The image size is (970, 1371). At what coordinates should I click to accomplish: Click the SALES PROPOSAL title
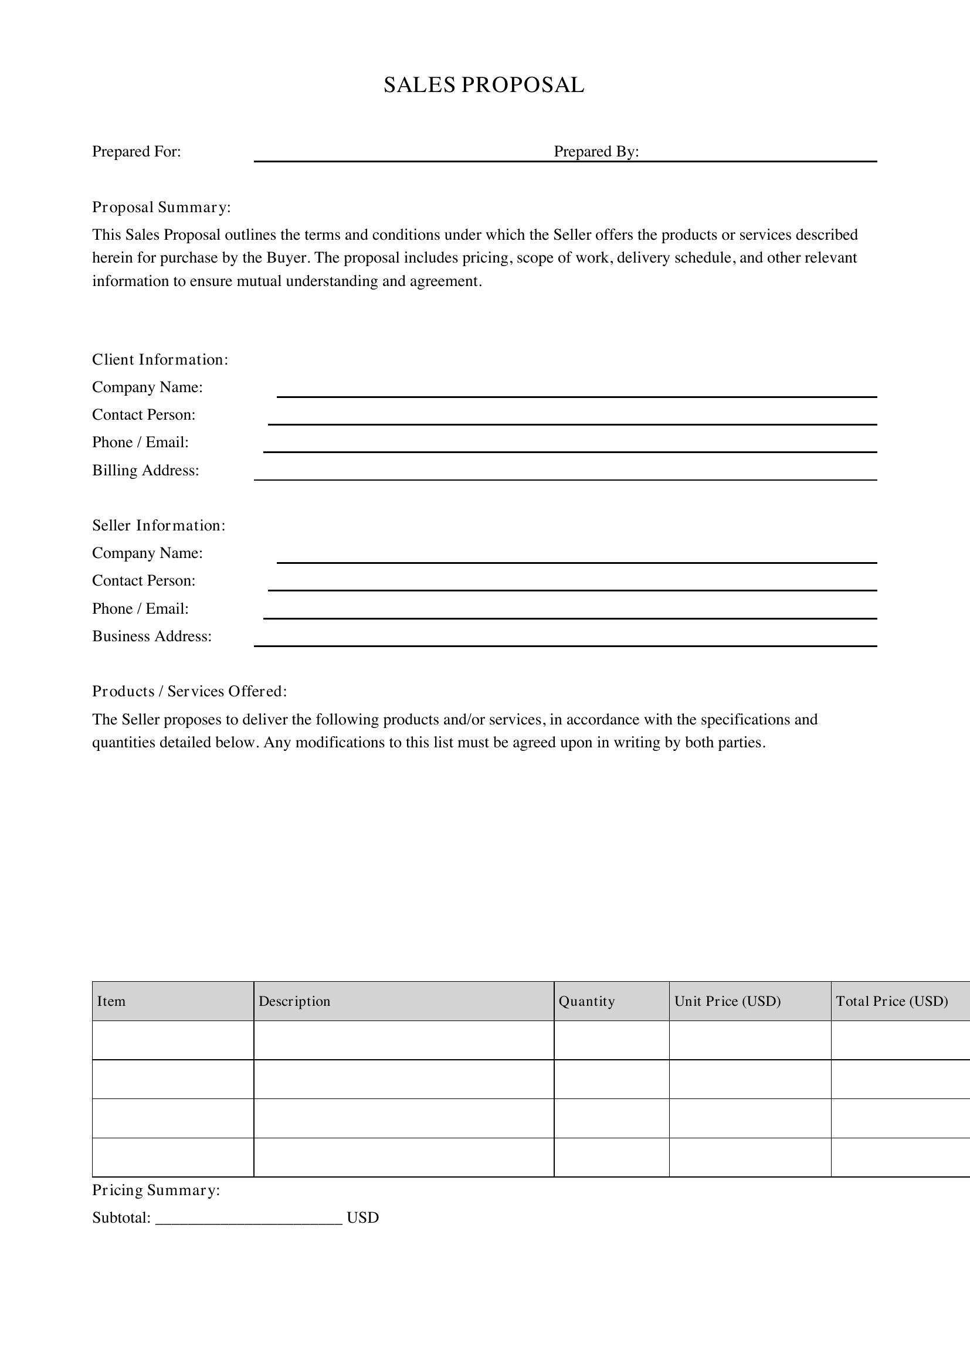click(484, 86)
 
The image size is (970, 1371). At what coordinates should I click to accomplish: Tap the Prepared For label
click(136, 152)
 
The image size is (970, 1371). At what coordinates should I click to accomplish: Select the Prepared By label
click(596, 152)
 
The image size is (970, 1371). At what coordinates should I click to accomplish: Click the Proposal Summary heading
click(161, 207)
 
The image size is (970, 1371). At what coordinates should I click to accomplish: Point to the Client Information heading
click(160, 359)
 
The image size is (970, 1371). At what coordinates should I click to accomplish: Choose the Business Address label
click(152, 637)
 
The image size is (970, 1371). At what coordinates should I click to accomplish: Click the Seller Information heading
click(159, 525)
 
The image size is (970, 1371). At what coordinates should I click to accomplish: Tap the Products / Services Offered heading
click(189, 692)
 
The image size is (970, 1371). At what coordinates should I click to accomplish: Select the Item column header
click(111, 1001)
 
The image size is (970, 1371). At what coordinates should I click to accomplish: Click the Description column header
click(294, 1001)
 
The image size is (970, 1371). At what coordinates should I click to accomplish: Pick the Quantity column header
click(586, 1001)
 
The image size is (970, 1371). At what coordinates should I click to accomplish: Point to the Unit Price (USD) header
click(727, 1001)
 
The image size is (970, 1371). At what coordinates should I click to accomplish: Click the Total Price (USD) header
click(892, 1001)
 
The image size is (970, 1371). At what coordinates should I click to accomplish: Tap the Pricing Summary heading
click(156, 1190)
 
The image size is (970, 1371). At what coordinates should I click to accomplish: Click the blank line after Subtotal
click(249, 1220)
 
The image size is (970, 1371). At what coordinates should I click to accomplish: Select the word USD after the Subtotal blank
click(362, 1218)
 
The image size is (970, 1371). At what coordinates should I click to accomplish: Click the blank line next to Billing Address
click(565, 479)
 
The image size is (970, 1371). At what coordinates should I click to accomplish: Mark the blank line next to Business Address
click(565, 645)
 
